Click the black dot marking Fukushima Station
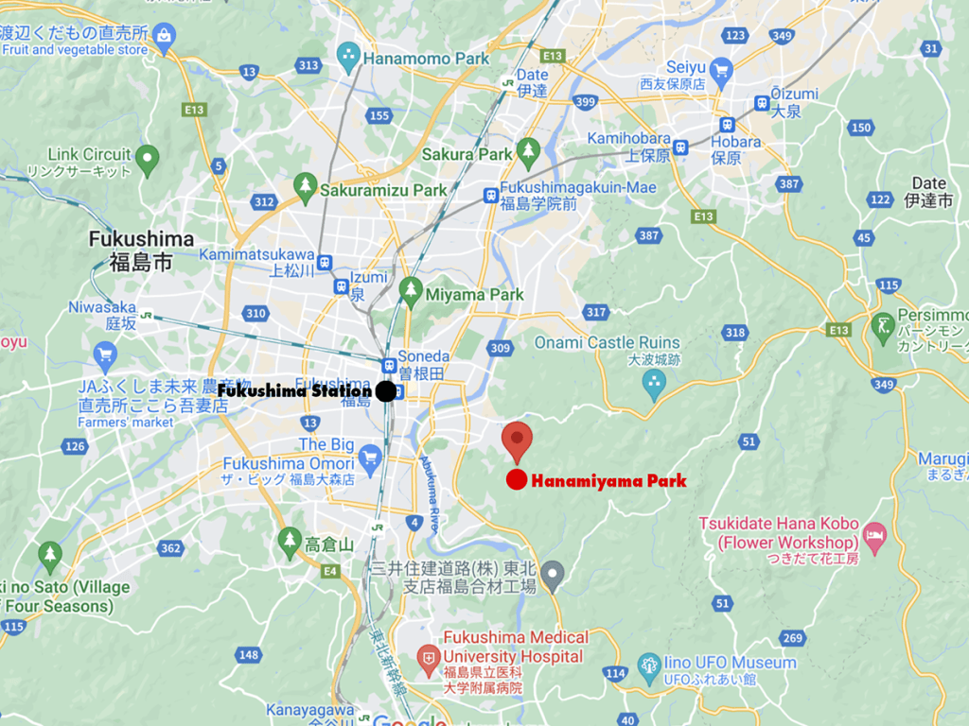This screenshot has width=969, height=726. (385, 390)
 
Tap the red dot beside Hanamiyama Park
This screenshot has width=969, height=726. (516, 480)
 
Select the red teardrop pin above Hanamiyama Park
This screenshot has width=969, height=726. (517, 441)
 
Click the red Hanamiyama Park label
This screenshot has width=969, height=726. (608, 481)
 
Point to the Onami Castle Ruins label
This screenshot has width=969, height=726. (607, 342)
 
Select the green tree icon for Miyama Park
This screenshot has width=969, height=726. (410, 291)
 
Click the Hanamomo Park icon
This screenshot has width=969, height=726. (349, 55)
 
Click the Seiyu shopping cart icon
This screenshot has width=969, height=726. (722, 68)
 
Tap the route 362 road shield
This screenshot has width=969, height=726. (170, 548)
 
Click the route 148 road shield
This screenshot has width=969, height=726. (249, 654)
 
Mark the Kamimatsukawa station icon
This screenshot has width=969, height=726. (325, 262)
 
